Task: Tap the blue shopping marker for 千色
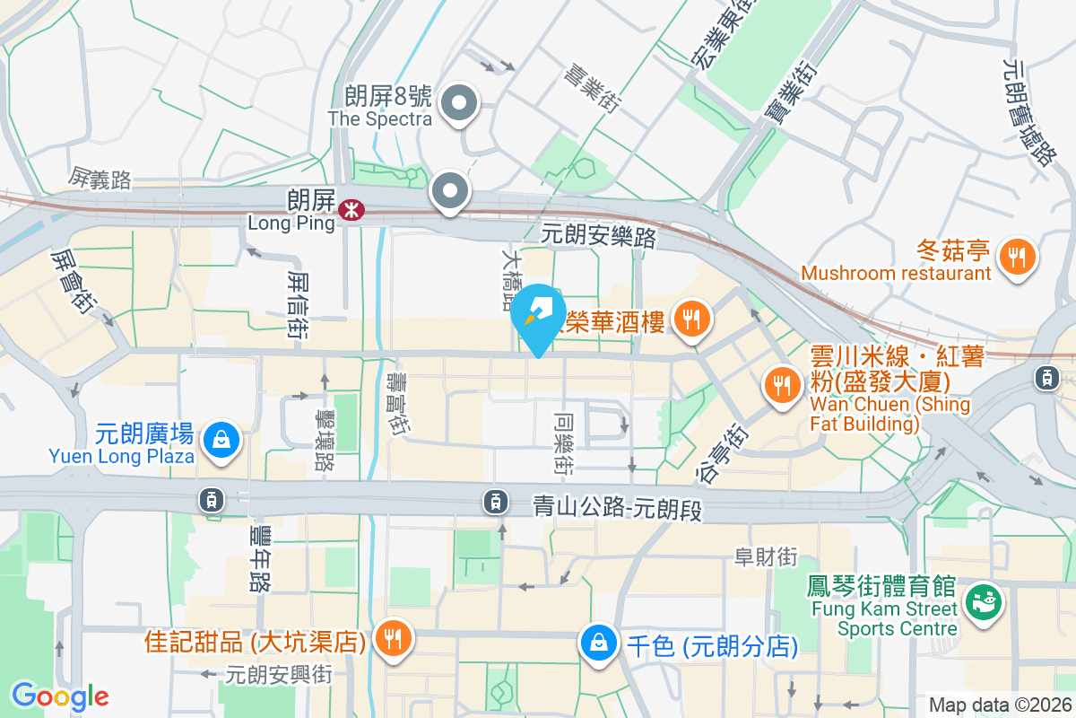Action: [597, 642]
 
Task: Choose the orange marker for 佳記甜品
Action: [393, 639]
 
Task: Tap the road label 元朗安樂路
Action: [599, 236]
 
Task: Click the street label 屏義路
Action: [100, 179]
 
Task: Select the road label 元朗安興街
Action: [279, 673]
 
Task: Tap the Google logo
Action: [60, 696]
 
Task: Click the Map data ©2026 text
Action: [999, 705]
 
